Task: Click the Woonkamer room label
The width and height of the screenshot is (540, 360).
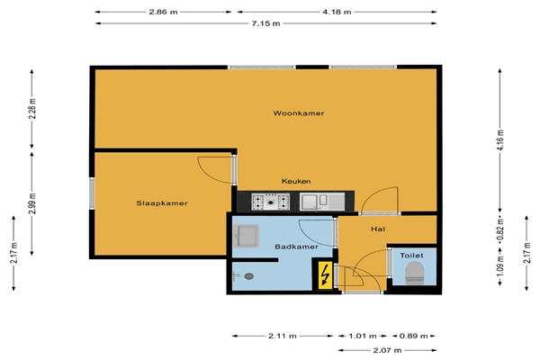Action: (x=299, y=113)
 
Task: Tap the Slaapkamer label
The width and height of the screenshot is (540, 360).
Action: (x=162, y=203)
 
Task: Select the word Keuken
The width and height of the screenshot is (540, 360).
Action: (x=296, y=181)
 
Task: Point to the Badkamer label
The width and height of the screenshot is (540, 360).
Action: (x=296, y=247)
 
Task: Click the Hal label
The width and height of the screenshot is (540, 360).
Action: (x=378, y=229)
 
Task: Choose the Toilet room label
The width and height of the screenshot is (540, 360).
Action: (x=411, y=256)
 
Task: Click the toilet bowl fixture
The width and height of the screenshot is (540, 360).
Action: (x=414, y=273)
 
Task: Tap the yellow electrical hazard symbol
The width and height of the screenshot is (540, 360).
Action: (x=325, y=275)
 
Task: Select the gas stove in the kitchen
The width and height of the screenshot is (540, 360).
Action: (x=271, y=202)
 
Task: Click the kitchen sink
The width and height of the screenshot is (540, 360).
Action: (x=322, y=202)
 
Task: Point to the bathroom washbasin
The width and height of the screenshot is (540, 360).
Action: (x=246, y=236)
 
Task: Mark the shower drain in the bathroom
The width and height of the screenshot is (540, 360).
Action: (x=249, y=276)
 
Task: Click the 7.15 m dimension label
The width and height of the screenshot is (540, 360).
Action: (x=265, y=23)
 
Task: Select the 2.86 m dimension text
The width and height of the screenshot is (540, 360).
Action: (x=163, y=12)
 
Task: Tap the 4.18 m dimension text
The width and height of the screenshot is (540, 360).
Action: (x=337, y=12)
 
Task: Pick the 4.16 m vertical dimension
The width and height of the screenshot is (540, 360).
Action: (x=500, y=139)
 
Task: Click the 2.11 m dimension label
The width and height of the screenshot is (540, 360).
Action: (x=283, y=336)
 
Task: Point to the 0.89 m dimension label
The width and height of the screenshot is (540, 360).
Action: (x=413, y=336)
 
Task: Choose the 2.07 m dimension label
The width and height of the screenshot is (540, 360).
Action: (x=387, y=350)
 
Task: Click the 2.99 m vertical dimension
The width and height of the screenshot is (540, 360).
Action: (x=32, y=203)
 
